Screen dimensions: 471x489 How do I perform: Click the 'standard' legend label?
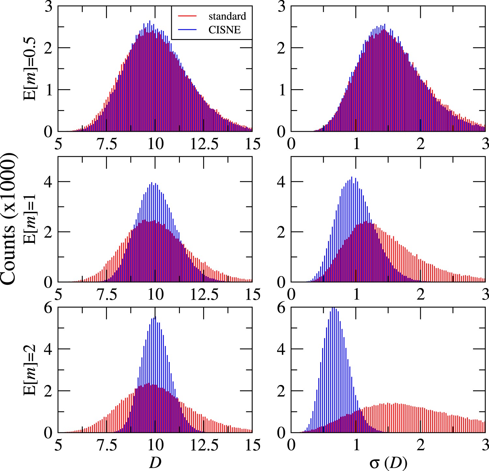(227, 16)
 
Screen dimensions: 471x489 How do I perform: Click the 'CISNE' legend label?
(225, 30)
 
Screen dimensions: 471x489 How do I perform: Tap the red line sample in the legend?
(187, 16)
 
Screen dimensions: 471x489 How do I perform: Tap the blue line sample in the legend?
(187, 30)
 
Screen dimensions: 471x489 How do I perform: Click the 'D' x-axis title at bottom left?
(155, 462)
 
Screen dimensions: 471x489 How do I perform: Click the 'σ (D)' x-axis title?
(388, 462)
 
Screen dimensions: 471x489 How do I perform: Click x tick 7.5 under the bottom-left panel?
(107, 446)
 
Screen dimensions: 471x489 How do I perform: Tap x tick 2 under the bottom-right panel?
(421, 446)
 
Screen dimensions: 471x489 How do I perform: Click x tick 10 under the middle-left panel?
(155, 295)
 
